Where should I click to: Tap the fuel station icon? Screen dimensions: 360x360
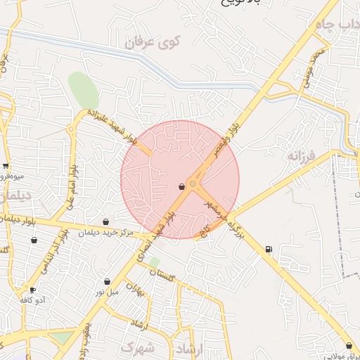tap(269, 249)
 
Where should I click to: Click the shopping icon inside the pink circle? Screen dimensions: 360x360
tap(182, 186)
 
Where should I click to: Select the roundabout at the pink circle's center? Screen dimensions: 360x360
tap(193, 184)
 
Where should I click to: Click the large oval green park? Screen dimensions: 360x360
tap(83, 91)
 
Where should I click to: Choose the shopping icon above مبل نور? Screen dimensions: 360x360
tap(107, 281)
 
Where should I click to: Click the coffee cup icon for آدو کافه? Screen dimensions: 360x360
tap(32, 290)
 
